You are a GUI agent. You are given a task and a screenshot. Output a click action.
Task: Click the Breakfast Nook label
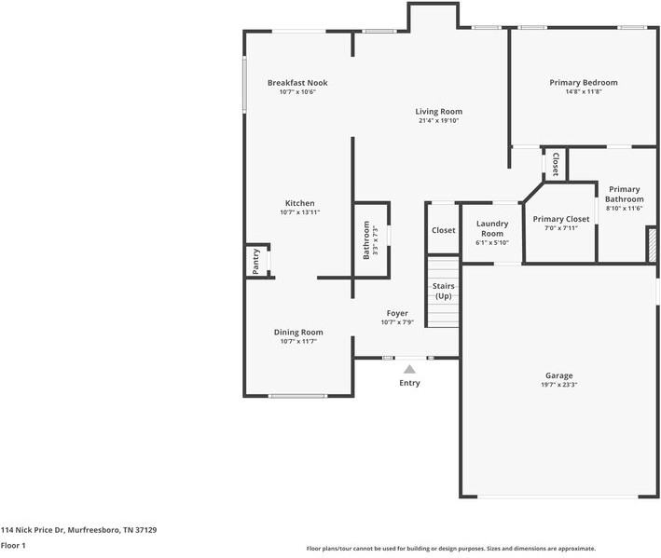tap(297, 83)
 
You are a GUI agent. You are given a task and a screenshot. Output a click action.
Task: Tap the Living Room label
tap(438, 112)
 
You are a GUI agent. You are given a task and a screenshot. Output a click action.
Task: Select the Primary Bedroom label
tap(583, 83)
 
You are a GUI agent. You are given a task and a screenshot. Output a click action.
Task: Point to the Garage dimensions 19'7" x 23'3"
tap(559, 385)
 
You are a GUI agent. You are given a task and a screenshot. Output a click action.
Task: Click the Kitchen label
tap(299, 203)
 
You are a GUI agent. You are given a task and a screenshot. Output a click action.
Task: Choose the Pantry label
tap(256, 262)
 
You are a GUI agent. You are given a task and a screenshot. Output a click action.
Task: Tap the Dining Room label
tap(298, 333)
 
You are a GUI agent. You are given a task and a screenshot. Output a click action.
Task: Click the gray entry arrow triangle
tap(409, 370)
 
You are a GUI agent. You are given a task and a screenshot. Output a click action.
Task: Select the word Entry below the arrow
tap(409, 383)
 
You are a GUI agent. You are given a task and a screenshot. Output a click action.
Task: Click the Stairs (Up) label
tap(443, 292)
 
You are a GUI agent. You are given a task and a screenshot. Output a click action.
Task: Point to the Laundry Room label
tap(491, 228)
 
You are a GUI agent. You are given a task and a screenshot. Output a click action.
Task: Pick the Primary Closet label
tap(556, 219)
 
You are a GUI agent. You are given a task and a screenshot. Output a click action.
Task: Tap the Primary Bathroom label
tap(624, 194)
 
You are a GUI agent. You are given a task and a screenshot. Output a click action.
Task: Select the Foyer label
tap(397, 313)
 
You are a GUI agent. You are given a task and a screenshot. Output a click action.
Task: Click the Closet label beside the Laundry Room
tap(443, 230)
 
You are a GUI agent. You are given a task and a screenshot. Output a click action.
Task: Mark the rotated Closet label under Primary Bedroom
tap(556, 165)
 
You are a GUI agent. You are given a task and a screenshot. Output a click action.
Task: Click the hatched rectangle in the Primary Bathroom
tap(651, 243)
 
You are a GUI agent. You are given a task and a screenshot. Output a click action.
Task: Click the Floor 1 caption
tap(13, 545)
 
